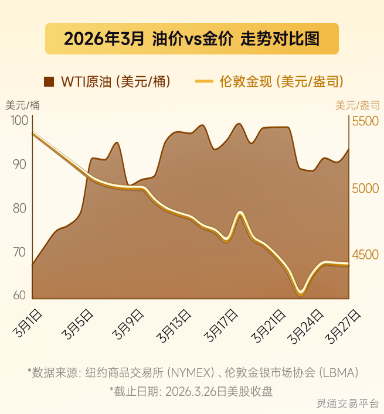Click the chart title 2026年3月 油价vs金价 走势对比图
(x=192, y=39)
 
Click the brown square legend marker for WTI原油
(x=49, y=81)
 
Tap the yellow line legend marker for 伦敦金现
(x=204, y=81)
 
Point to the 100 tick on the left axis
(x=19, y=121)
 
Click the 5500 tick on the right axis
(x=365, y=121)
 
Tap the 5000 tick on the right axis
(x=365, y=189)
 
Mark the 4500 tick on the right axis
(x=365, y=255)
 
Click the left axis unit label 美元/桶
(x=23, y=105)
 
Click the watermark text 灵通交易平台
(x=347, y=403)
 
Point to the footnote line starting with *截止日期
(x=191, y=389)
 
